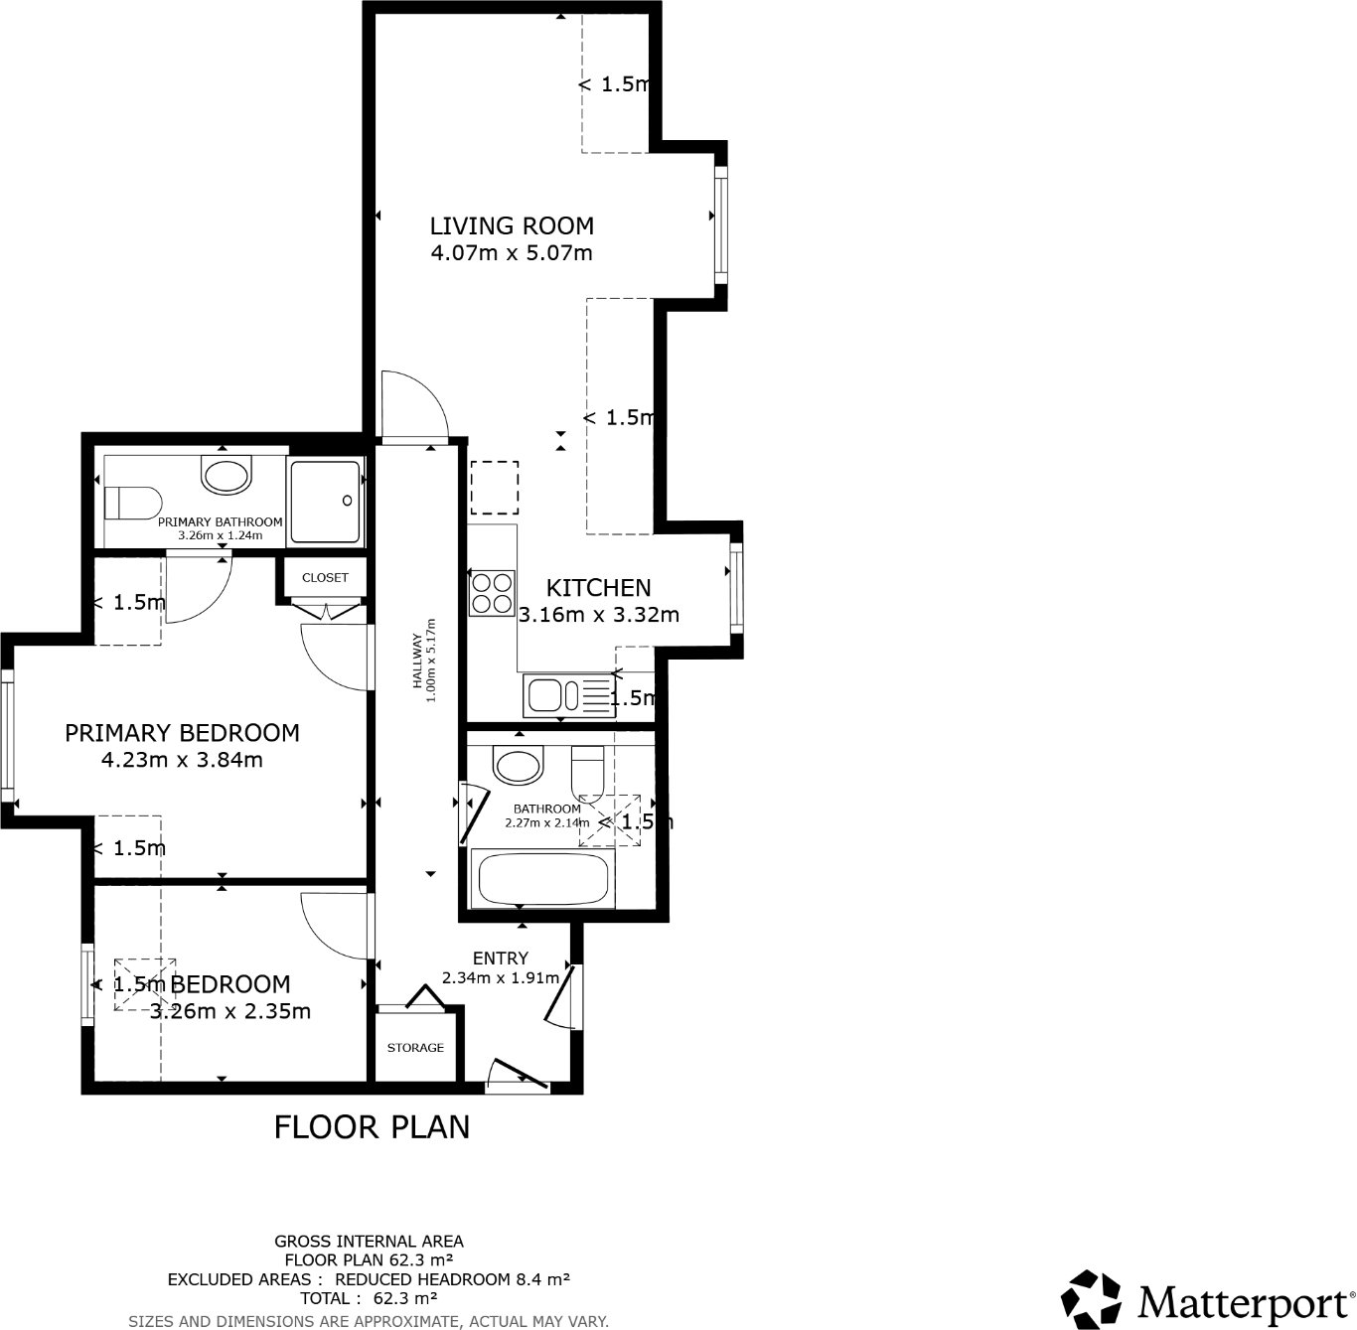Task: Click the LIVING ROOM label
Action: (x=512, y=226)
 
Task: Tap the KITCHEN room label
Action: (x=598, y=588)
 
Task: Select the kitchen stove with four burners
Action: (x=492, y=593)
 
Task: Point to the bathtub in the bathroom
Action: (x=542, y=879)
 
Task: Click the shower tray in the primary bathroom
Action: (x=325, y=501)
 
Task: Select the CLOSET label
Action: (x=325, y=577)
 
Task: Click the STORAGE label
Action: (x=415, y=1048)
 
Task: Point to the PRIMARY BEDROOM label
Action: (x=182, y=733)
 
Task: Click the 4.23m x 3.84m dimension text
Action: (x=182, y=760)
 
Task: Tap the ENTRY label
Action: (x=501, y=959)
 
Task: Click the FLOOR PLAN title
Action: (x=372, y=1127)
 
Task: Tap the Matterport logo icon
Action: (x=1091, y=1299)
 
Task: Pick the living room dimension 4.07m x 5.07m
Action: (x=512, y=253)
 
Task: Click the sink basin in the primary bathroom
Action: (x=226, y=475)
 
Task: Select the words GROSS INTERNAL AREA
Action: (x=369, y=1242)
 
